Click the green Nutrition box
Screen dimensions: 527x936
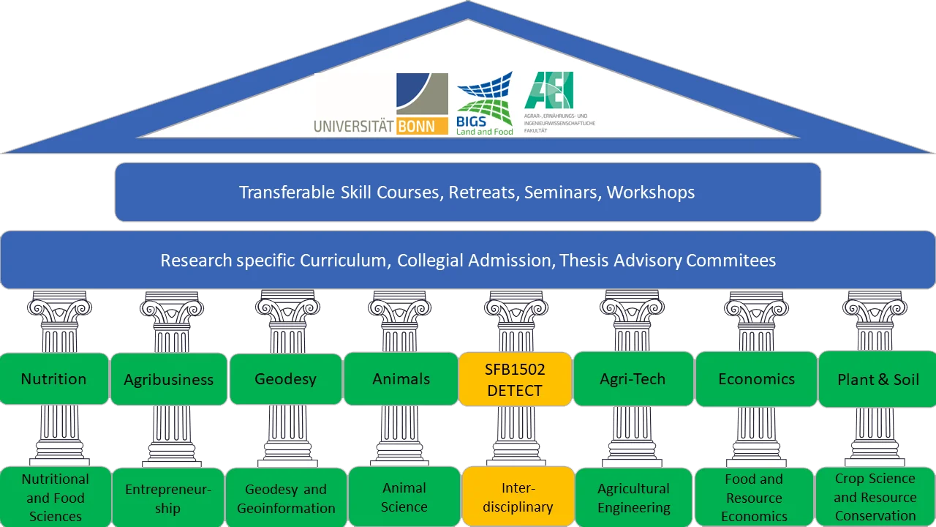pos(53,378)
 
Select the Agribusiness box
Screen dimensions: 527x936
pos(168,379)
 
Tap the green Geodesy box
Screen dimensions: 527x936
pos(285,378)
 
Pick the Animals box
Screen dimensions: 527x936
pos(401,378)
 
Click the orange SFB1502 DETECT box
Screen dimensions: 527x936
pos(515,379)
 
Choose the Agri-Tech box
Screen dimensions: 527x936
pos(633,378)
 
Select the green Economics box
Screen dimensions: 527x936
pos(756,378)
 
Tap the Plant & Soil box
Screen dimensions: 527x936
pos(877,379)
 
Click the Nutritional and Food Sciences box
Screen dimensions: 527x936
pos(55,498)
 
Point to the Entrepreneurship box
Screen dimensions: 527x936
pos(167,498)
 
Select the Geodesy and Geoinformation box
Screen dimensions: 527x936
pos(286,498)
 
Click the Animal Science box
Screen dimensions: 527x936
pos(404,497)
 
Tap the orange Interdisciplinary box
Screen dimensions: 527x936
pos(518,497)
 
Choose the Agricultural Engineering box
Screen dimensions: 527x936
pos(633,498)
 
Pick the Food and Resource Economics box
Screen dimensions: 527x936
pos(754,498)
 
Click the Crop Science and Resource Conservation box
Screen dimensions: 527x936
pos(875,497)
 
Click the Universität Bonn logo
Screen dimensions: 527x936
pos(382,105)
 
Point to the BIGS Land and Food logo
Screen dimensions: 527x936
pos(484,104)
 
